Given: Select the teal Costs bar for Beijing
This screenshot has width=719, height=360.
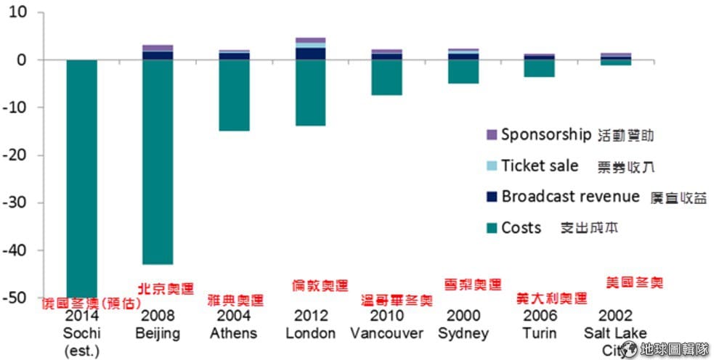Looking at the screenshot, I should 158,161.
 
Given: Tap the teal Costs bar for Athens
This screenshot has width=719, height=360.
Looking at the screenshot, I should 234,95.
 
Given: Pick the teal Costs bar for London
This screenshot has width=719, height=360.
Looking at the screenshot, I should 310,92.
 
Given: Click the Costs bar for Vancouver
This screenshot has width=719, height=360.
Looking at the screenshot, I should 386,77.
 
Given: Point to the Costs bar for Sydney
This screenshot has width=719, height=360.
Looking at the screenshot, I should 463,71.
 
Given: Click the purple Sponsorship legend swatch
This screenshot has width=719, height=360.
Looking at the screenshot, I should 491,135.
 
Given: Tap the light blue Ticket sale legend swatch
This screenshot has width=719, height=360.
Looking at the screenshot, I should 491,166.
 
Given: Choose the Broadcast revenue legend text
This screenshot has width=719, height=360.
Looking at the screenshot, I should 570,197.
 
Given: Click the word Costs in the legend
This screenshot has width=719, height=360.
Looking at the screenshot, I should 521,228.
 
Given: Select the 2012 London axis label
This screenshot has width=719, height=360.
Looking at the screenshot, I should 310,324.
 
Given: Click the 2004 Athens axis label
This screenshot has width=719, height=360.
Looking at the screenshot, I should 234,324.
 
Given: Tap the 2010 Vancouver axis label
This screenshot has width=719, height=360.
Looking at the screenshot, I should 386,324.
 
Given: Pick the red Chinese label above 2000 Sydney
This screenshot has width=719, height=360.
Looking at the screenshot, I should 472,285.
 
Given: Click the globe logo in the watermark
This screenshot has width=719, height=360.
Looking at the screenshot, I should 629,349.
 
